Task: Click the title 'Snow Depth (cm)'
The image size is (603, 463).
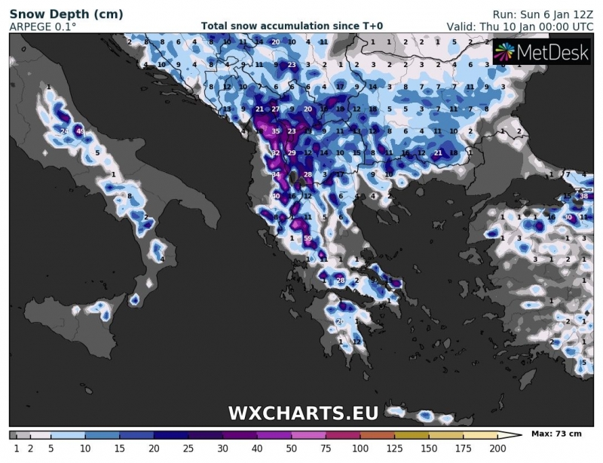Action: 56,14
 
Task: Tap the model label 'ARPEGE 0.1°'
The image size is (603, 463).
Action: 42,26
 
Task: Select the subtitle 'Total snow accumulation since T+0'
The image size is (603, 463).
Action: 292,26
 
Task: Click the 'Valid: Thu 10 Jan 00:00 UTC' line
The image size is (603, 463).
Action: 520,26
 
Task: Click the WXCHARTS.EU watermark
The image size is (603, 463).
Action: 303,412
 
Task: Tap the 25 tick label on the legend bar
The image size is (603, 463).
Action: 188,448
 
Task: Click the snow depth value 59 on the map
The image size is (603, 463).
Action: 308,238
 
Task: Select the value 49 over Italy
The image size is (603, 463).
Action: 80,132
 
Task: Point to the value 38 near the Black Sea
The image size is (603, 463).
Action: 583,196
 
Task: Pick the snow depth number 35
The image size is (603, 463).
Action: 276,131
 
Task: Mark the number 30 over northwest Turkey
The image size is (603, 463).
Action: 568,217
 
